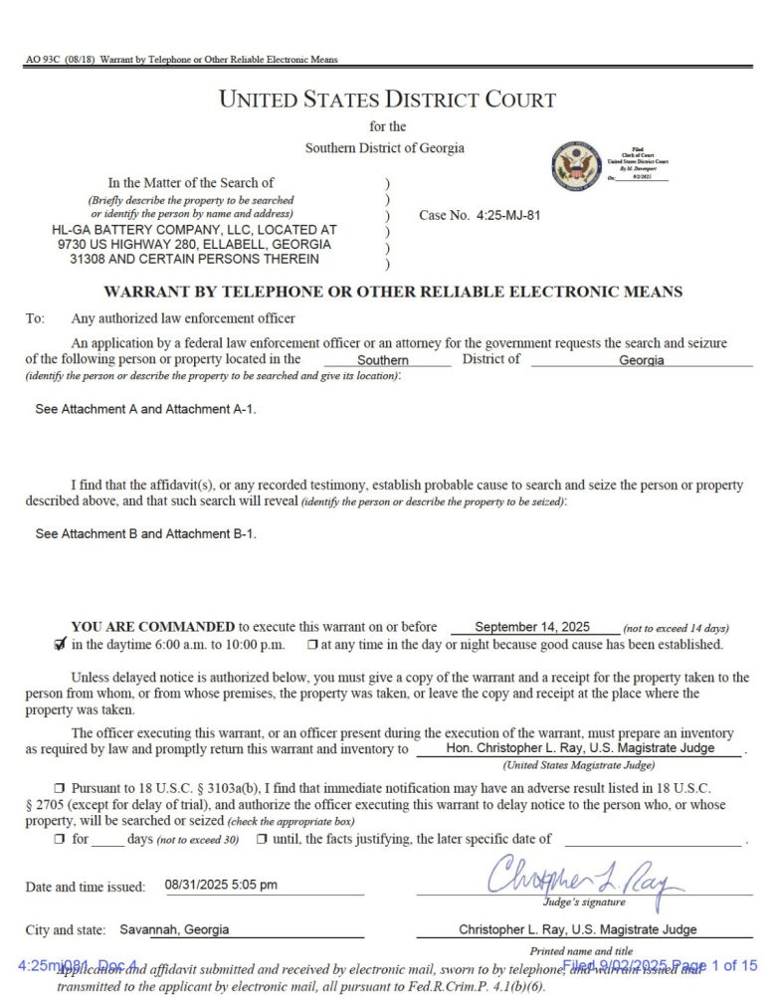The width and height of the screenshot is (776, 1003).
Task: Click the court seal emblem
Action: pos(576,166)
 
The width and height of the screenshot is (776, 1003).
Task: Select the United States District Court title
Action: pos(387,100)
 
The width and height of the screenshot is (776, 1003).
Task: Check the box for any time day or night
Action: pos(312,645)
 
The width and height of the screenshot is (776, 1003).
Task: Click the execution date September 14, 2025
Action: pos(532,627)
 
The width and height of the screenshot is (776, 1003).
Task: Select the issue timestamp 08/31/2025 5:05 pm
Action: pos(221,885)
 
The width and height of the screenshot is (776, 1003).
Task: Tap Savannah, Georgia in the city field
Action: pos(174,929)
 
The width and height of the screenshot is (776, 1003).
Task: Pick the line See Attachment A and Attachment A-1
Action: pos(145,409)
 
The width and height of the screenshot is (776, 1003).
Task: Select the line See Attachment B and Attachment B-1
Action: pos(145,533)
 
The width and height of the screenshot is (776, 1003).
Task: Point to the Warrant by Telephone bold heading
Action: pos(393,292)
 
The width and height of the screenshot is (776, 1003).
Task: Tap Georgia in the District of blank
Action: pos(641,360)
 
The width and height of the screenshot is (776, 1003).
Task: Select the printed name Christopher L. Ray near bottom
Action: pos(577,929)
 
